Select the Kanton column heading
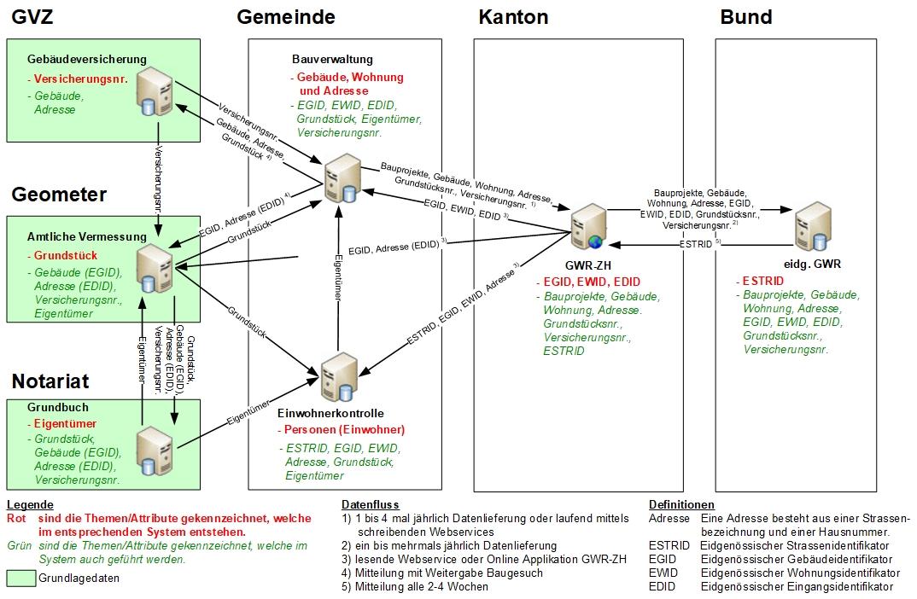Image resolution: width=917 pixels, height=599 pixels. coord(513,17)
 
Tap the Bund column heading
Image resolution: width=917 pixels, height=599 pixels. coord(746,17)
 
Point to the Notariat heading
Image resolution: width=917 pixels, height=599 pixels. coord(50,381)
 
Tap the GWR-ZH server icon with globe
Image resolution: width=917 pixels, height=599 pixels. coord(590,229)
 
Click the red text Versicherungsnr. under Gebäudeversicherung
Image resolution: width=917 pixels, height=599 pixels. coord(80,79)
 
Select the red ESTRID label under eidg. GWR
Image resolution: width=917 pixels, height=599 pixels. coord(763,280)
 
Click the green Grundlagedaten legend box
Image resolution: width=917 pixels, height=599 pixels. coord(20,578)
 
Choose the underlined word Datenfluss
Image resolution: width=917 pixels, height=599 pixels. coord(370,504)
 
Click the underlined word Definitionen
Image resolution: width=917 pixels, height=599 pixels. coord(681,504)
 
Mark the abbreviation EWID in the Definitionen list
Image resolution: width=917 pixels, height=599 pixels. coord(663,573)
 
